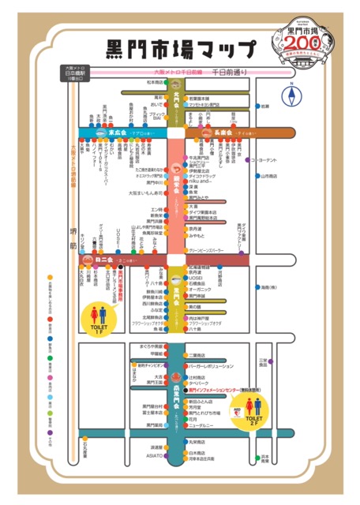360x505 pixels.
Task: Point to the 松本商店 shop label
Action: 154,82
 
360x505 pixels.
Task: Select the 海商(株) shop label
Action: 272,287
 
